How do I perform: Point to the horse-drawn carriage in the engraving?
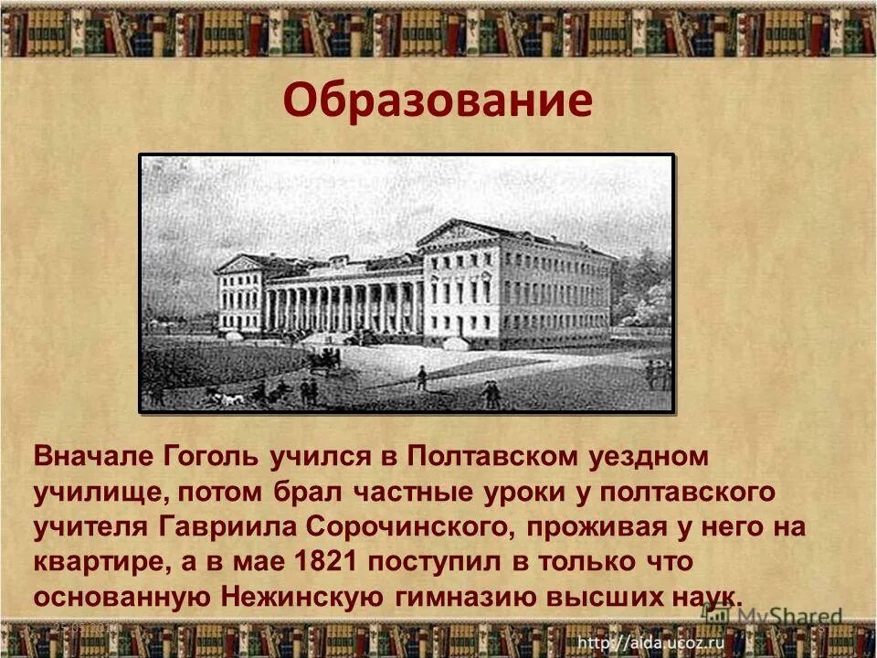(x=324, y=361)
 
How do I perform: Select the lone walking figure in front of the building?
(x=421, y=377)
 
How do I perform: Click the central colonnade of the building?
(x=343, y=306)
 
